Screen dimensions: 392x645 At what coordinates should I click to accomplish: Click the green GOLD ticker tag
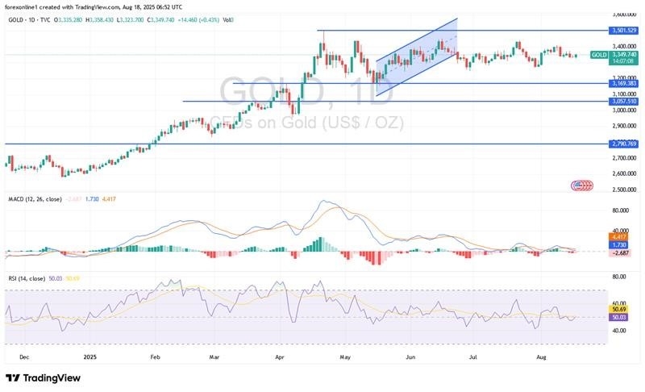[599, 55]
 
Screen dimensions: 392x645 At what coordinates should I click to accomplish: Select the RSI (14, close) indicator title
[27, 279]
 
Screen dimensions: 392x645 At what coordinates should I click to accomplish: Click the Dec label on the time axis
[23, 355]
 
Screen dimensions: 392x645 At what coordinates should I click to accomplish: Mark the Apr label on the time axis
[280, 355]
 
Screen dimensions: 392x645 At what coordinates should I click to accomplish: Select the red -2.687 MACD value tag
[622, 252]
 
